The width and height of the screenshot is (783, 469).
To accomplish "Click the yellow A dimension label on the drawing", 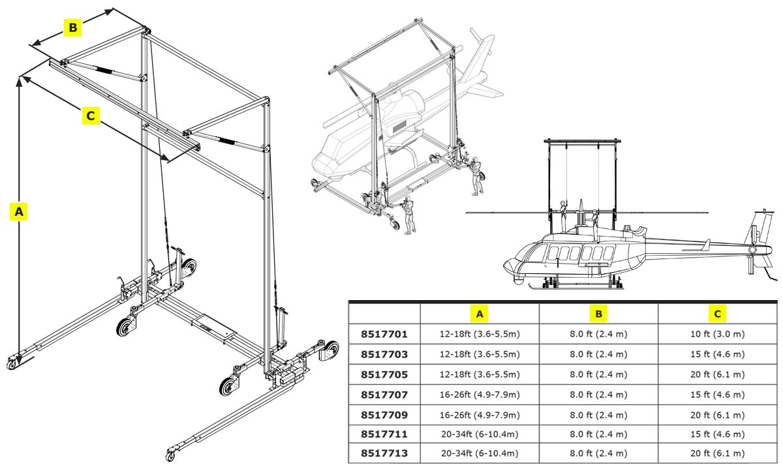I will (20, 212).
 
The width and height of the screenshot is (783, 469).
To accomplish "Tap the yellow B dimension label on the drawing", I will (72, 27).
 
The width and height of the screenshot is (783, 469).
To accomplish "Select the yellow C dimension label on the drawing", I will (91, 115).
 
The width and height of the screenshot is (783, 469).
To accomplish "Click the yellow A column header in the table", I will (480, 314).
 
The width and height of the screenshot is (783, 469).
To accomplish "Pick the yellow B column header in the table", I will (598, 314).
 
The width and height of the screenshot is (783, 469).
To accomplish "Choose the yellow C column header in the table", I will (717, 314).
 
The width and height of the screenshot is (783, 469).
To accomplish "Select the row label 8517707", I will (384, 395).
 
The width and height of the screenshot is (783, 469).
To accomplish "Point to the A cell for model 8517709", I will (480, 415).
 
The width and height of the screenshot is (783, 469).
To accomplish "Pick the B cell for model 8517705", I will (598, 374).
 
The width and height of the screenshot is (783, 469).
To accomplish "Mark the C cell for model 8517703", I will (717, 355).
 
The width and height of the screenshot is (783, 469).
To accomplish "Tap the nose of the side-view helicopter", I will (508, 265).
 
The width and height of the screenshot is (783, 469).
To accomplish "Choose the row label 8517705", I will (384, 374).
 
